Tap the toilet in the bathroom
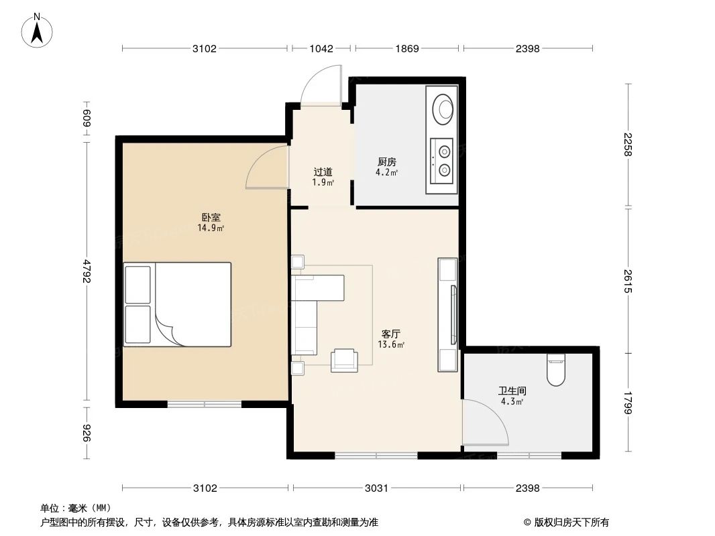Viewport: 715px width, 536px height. tap(556, 369)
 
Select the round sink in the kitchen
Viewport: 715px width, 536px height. tap(443, 109)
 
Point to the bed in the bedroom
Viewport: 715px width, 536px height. tap(177, 304)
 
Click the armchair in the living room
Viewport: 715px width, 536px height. tap(344, 360)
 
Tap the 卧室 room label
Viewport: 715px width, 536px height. tap(211, 218)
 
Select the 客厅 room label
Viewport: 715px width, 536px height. tap(391, 334)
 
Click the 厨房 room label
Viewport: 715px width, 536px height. tap(387, 161)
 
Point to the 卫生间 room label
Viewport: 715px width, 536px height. tap(512, 391)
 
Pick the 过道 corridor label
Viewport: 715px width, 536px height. tap(323, 172)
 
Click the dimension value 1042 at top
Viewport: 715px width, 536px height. tap(321, 48)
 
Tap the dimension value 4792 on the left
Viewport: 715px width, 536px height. tap(87, 271)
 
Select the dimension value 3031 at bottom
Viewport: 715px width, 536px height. tap(376, 488)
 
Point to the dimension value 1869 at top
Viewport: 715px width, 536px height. tap(406, 48)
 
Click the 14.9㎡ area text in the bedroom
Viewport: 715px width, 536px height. tap(211, 228)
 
